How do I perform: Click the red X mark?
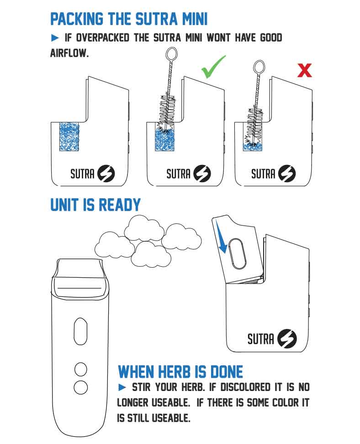coord(304,70)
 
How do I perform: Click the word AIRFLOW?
coord(69,53)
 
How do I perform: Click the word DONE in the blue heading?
coord(227,372)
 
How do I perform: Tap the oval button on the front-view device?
coord(80,331)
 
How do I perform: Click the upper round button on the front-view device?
coord(80,369)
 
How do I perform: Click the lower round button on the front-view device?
coord(80,387)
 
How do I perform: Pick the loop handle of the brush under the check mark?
coord(171,54)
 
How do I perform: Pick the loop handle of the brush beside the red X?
coord(259,67)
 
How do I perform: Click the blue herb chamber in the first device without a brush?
coord(69,137)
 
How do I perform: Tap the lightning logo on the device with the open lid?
coord(287,338)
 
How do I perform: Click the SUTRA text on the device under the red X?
coord(263,174)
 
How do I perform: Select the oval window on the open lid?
coord(237,254)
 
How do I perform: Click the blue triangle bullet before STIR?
coord(122,387)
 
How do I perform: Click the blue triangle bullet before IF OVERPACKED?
coord(55,37)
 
